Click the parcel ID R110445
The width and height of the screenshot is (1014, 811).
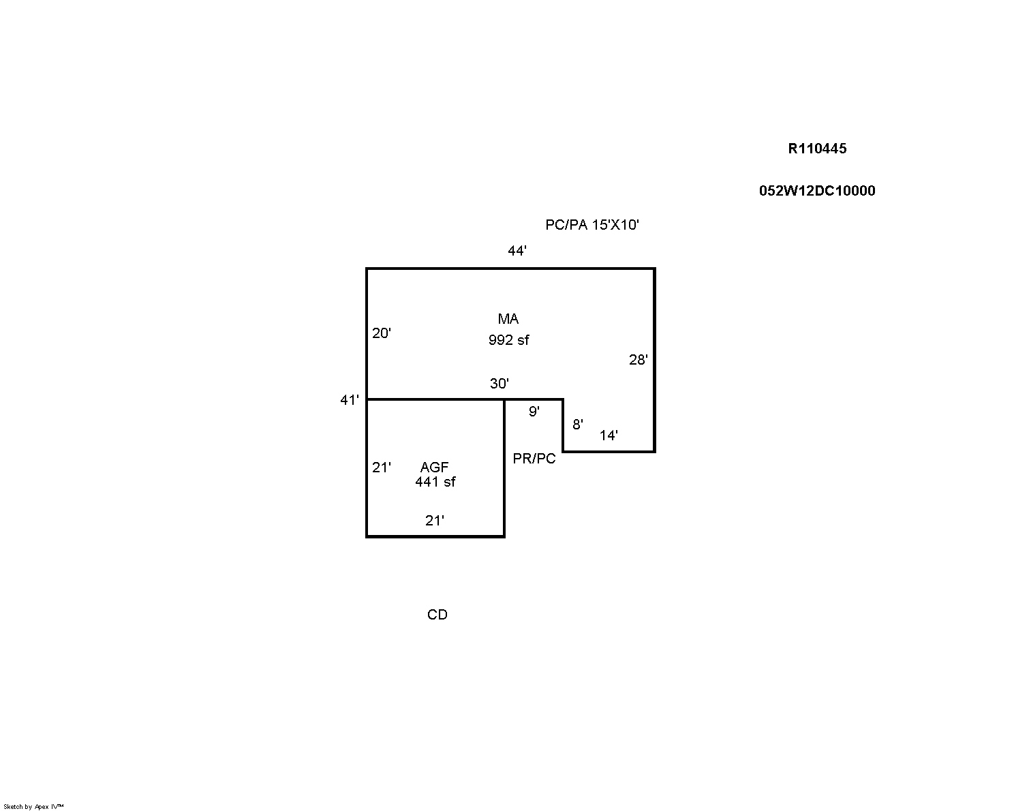(x=817, y=149)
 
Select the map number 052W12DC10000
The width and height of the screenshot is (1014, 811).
(x=817, y=190)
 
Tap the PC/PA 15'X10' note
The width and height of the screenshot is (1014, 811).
(x=591, y=225)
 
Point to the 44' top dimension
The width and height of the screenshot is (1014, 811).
(x=517, y=251)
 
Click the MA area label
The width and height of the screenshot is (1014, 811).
(x=508, y=319)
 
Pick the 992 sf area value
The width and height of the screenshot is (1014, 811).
(x=508, y=340)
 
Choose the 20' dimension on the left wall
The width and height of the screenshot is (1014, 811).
(x=381, y=333)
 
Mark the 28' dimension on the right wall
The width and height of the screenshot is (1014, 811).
(x=638, y=360)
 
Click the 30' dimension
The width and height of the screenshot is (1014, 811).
(x=499, y=384)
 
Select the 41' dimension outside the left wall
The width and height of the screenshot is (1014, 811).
(x=349, y=400)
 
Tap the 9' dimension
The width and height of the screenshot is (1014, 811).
(x=534, y=412)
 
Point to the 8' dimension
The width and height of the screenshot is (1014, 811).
(x=578, y=425)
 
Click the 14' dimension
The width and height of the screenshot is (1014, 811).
(x=609, y=435)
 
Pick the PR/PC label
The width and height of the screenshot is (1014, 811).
(x=534, y=459)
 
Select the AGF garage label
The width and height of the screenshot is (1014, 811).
(x=434, y=467)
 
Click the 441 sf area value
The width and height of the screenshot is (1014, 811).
(x=435, y=482)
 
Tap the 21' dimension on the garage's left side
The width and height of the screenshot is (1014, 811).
(x=381, y=468)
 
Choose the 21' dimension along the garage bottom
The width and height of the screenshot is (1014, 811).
(x=435, y=521)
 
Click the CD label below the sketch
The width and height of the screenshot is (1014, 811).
(x=437, y=615)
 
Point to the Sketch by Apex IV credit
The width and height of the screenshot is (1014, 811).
(x=33, y=807)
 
